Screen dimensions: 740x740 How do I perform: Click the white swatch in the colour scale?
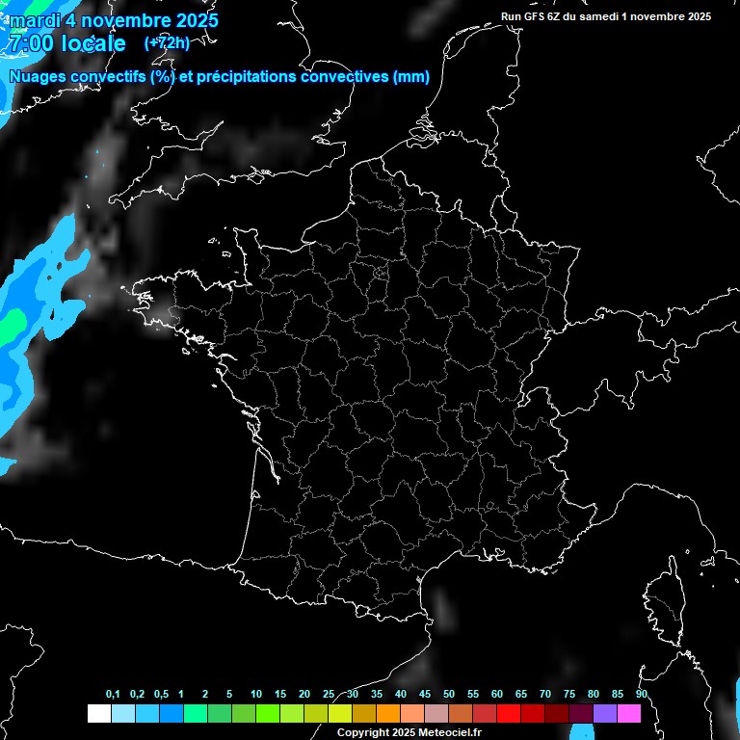98,713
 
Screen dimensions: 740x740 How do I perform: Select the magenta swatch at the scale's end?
629,713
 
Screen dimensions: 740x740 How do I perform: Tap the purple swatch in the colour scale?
605,713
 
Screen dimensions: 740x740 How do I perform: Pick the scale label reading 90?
641,695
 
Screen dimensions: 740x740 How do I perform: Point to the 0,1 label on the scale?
113,695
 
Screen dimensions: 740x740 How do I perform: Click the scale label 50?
449,695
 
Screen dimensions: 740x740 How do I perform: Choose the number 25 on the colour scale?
329,695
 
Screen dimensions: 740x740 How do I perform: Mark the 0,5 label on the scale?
161,695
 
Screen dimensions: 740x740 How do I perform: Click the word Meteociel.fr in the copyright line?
450,733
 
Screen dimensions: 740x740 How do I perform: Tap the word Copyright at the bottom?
364,733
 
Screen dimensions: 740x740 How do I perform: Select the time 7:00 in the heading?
29,43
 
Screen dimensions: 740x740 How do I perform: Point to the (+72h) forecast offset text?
167,43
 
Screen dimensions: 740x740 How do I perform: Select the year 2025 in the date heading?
191,20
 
